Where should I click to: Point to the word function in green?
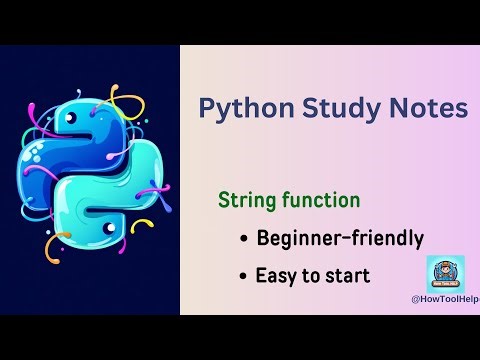click(320, 199)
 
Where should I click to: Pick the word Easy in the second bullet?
click(277, 275)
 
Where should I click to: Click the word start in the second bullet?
click(348, 275)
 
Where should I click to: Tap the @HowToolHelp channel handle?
click(445, 298)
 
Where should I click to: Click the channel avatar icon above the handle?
click(445, 273)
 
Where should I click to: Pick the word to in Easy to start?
click(311, 275)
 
